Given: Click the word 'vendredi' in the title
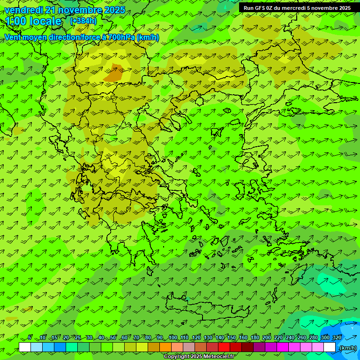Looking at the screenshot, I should (x=24, y=10).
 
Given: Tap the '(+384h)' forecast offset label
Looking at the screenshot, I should (x=83, y=21).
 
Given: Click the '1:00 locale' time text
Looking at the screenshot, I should (x=33, y=22).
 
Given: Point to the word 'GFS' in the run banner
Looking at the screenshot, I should (x=261, y=8).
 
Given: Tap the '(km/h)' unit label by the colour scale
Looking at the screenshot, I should (x=348, y=348).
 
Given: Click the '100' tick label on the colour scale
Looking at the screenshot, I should (x=172, y=337).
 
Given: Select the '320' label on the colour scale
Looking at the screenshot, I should (x=337, y=337).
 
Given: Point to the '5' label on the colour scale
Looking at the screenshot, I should (x=30, y=337).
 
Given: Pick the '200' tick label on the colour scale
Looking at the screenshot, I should (x=267, y=337).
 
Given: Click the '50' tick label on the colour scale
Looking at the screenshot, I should (x=112, y=337).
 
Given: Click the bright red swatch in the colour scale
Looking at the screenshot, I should (x=224, y=347).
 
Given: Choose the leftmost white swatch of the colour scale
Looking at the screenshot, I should (x=25, y=347).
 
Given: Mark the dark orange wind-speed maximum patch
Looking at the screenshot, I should (x=113, y=74).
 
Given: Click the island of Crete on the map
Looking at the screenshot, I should (x=206, y=307).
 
